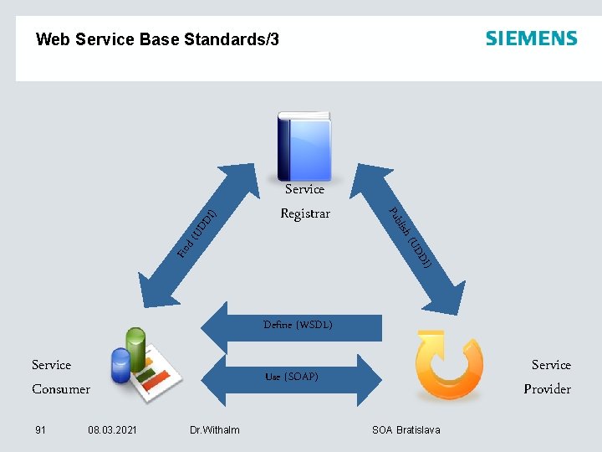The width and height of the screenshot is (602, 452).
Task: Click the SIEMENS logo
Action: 531,39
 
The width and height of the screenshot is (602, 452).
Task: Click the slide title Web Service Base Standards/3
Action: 158,39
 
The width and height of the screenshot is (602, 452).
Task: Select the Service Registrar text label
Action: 304,201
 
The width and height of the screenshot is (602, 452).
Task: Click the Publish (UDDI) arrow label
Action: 410,238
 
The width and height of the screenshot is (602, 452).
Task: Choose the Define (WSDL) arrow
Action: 293,325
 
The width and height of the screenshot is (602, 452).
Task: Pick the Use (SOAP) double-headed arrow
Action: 292,377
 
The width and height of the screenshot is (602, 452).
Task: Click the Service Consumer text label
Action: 60,377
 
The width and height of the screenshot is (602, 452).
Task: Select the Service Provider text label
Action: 548,377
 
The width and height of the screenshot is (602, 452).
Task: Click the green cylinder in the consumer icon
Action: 135,344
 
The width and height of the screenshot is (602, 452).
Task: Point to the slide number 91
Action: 40,430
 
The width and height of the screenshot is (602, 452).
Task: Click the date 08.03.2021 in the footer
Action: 112,430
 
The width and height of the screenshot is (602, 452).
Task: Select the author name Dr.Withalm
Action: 214,430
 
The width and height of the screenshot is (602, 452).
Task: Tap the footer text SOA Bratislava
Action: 406,430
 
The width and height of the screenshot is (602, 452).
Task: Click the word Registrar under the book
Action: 304,213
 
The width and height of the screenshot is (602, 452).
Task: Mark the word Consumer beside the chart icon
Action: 60,389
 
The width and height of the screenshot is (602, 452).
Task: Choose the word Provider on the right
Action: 548,389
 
